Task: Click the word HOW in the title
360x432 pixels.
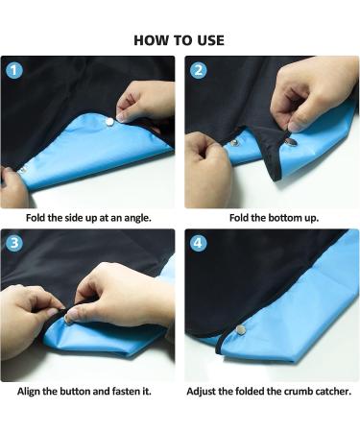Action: click(x=152, y=40)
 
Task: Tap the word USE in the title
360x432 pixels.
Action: click(x=208, y=40)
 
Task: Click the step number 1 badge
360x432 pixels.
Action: click(x=13, y=70)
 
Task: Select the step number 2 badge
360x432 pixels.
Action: click(x=199, y=70)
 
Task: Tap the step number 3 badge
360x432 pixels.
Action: click(x=13, y=243)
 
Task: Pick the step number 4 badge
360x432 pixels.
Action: click(x=199, y=243)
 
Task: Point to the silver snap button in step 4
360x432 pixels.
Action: click(x=240, y=328)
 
